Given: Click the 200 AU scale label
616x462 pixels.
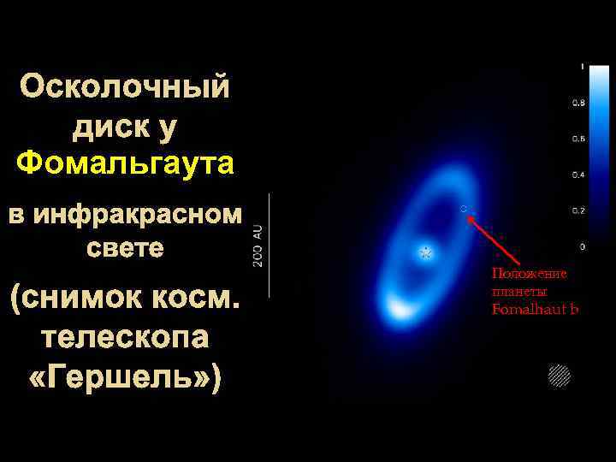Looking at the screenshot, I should coord(258,244).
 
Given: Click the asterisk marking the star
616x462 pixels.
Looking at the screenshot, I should coord(424,253).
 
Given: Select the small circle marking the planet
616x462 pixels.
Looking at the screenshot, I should coord(463,208).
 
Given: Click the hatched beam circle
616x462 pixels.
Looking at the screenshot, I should coord(559,375).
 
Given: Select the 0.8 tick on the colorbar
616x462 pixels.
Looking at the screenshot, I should coord(578,103).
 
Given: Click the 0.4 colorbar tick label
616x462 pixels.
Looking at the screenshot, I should coord(578,175).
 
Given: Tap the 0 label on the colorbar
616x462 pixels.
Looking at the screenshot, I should coord(583,246).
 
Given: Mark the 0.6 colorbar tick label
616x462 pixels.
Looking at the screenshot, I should coord(578,139).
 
